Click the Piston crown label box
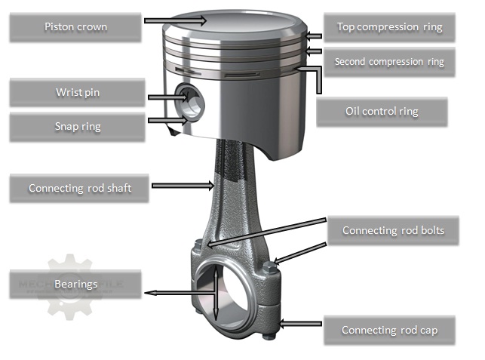[76, 27]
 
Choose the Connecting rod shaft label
[80, 188]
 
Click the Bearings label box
[76, 285]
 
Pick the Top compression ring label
[389, 27]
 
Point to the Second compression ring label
[389, 61]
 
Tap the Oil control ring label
[382, 112]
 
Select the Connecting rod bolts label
[393, 230]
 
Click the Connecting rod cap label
[389, 331]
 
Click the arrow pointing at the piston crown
[174, 20]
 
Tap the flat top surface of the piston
[234, 23]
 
